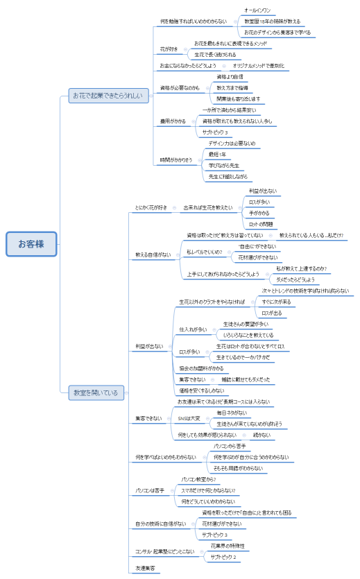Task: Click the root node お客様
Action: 31,243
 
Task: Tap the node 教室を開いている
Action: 96,393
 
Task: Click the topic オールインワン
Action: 257,11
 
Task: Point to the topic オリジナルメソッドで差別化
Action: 258,65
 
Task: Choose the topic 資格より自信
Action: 230,76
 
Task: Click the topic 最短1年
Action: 218,154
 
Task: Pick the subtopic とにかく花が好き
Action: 151,207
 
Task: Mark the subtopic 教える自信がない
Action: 153,254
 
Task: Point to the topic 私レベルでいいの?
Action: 204,252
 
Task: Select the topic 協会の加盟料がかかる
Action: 201,368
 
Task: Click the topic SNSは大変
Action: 189,418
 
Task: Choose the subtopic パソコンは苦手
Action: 150,490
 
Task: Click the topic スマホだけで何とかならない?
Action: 207,490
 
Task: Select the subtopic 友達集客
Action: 144,568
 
